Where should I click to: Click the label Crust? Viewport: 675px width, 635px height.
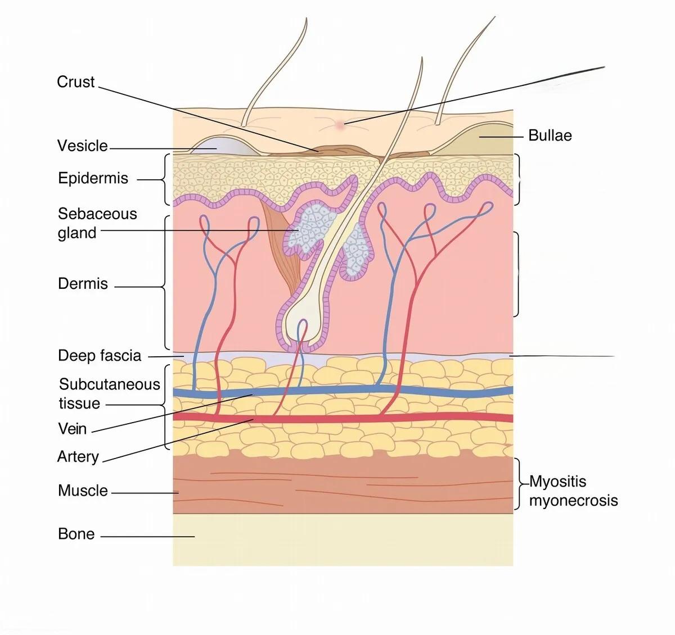[x=76, y=82]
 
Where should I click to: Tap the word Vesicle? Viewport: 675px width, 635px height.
[x=82, y=146]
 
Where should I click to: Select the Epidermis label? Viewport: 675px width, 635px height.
[x=93, y=179]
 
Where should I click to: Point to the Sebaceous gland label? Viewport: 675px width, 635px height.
[x=97, y=223]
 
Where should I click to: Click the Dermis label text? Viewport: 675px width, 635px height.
[x=83, y=283]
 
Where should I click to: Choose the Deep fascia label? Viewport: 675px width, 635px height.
[x=100, y=356]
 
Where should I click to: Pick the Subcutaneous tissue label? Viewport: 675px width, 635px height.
[x=109, y=394]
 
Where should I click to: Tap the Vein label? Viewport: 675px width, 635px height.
[x=73, y=429]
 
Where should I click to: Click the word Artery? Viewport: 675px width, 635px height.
[x=78, y=456]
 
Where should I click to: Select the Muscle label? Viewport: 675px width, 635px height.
[x=83, y=491]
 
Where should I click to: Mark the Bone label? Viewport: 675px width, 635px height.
[x=76, y=534]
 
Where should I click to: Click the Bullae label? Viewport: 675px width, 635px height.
[x=550, y=135]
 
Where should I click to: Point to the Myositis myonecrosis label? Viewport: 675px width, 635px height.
[x=573, y=491]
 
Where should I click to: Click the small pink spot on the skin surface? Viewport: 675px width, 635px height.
[x=340, y=125]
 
